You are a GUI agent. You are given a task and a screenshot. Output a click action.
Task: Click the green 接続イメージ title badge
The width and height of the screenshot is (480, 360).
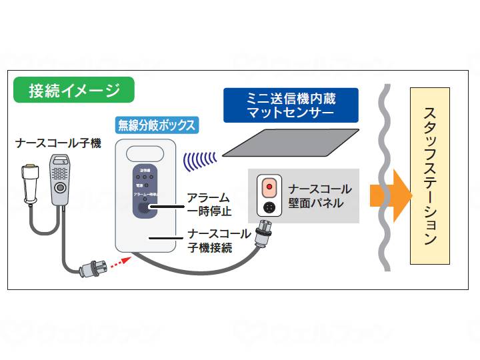(73, 91)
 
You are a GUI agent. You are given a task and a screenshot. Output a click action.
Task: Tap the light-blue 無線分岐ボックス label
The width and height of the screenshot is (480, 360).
(157, 125)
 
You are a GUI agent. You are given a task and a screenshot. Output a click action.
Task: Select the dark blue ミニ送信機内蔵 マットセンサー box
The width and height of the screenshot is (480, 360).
(290, 105)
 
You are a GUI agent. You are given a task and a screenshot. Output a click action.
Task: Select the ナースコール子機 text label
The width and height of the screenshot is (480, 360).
(59, 143)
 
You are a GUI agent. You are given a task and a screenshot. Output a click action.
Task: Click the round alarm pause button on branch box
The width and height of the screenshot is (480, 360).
(145, 207)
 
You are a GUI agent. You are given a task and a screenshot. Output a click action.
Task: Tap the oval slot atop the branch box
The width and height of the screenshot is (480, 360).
(145, 153)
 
